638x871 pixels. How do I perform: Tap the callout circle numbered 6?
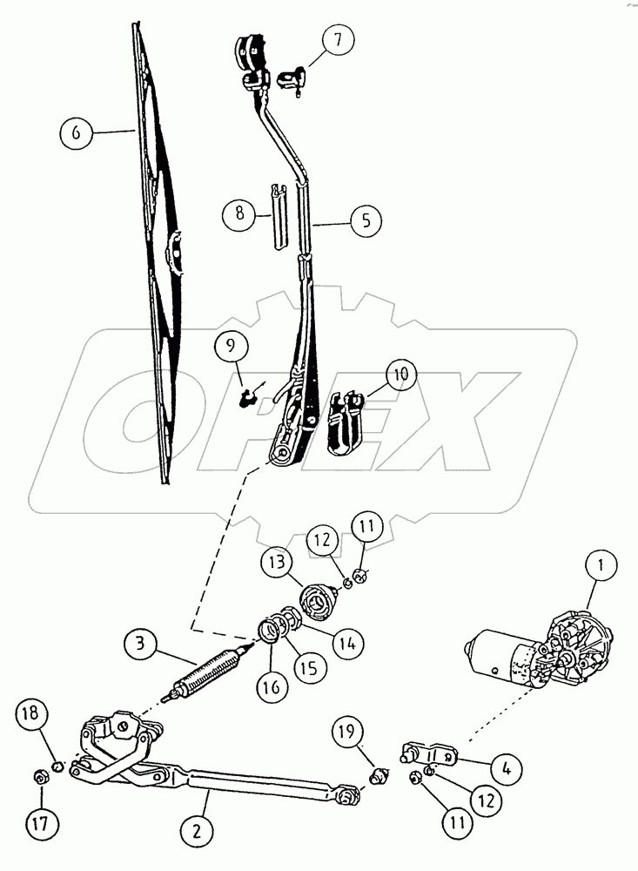pos(77,132)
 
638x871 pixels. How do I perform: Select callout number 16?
pos(270,687)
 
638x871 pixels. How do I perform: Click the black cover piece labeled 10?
pos(344,424)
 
